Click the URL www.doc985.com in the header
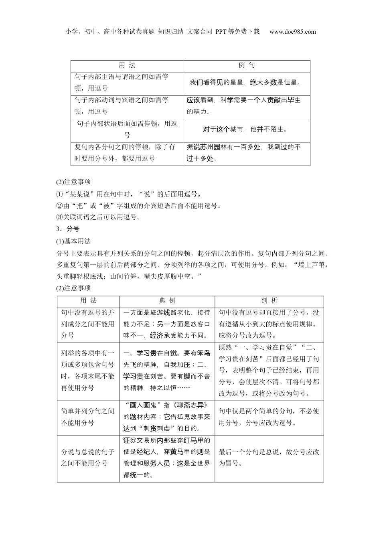coord(292,32)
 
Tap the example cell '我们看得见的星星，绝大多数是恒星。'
coord(245,83)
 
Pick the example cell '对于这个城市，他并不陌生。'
coord(245,130)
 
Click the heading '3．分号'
coord(68,229)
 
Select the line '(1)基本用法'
coord(73,241)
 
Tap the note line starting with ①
coord(128,194)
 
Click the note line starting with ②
coord(139,206)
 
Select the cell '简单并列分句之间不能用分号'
coord(88,417)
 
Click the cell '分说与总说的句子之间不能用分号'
coord(88,458)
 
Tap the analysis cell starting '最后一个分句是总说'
coord(269,458)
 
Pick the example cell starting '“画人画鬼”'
coord(167,417)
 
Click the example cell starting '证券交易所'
coord(167,458)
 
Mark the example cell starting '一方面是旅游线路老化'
coord(167,324)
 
